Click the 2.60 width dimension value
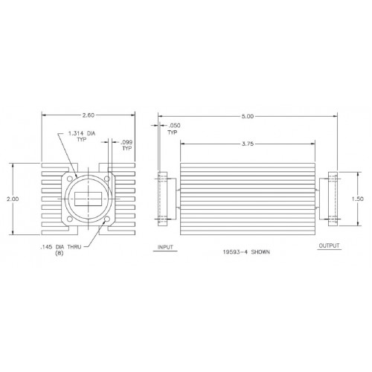click(x=89, y=115)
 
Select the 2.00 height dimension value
click(x=13, y=199)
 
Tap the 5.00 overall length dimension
click(x=248, y=116)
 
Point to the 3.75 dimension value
click(x=248, y=144)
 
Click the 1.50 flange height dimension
click(x=358, y=199)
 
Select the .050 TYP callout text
click(x=173, y=129)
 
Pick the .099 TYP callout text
click(x=126, y=145)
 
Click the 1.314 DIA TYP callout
click(x=82, y=136)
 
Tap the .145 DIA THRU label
click(x=60, y=247)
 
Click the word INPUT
click(x=165, y=247)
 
